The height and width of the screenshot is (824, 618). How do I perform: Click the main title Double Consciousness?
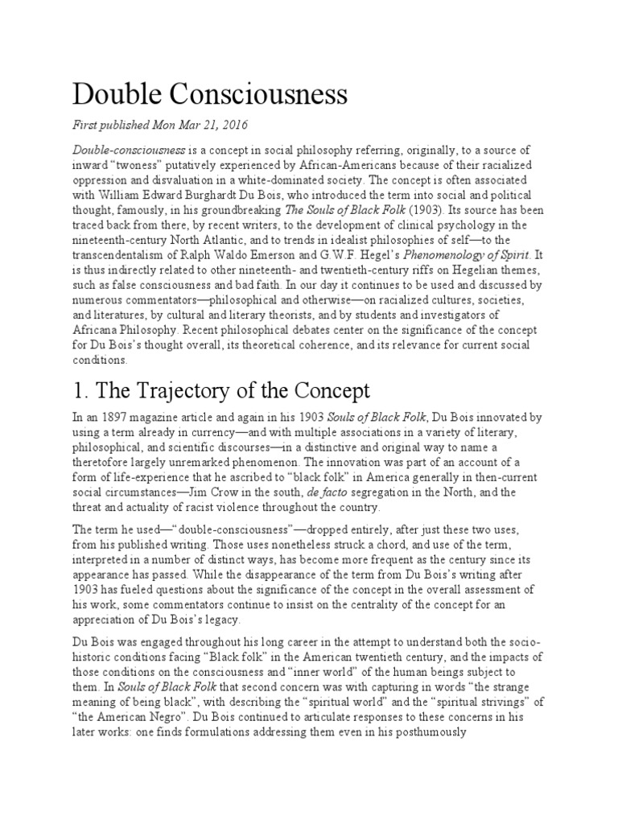(x=210, y=95)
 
